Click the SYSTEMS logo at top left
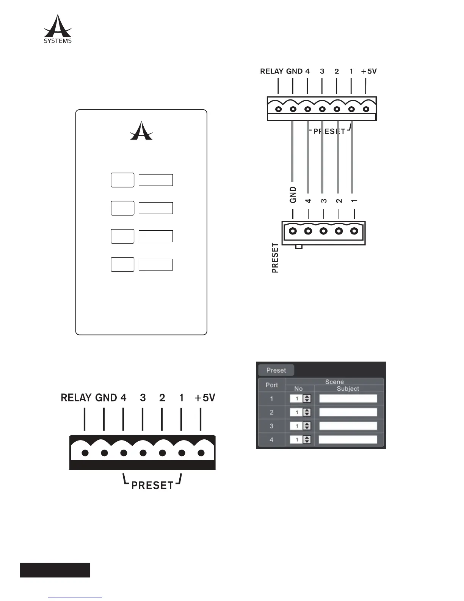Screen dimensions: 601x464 pos(58,29)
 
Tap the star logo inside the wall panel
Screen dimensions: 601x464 pos(141,131)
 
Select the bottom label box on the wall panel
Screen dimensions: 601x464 pos(155,264)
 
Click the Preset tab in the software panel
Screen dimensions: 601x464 pos(276,370)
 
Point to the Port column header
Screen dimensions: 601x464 pos(271,385)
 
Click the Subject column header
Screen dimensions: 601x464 pos(348,389)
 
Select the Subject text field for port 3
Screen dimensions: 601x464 pos(348,426)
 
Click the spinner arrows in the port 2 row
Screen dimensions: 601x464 pos(307,412)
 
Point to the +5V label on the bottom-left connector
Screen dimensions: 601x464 pos(205,398)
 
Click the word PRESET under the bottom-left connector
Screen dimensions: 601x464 pos(152,485)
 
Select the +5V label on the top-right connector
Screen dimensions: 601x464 pos(369,71)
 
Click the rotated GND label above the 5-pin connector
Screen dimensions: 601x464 pos(293,195)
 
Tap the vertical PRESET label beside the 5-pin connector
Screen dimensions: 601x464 pos(275,258)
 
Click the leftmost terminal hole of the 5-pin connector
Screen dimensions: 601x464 pos(293,231)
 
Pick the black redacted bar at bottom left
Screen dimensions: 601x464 pos(55,570)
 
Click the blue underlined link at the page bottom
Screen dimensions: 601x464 pos(75,597)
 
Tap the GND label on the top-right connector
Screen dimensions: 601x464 pos(294,71)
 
